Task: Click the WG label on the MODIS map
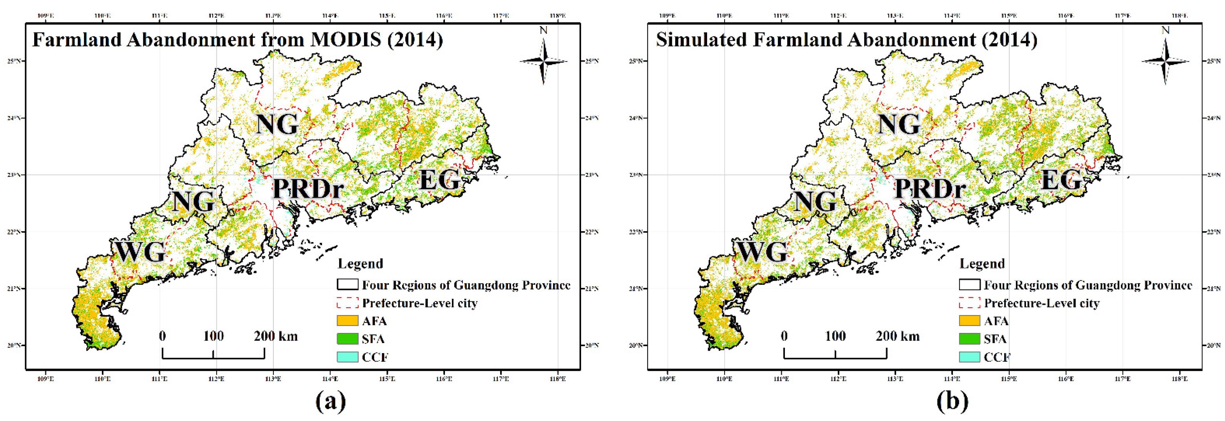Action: [140, 252]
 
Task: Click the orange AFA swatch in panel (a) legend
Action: [347, 321]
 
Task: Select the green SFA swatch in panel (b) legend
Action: [969, 339]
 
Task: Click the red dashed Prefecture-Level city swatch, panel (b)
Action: [969, 303]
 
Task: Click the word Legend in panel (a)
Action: [360, 264]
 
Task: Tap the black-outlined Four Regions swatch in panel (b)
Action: [969, 285]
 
